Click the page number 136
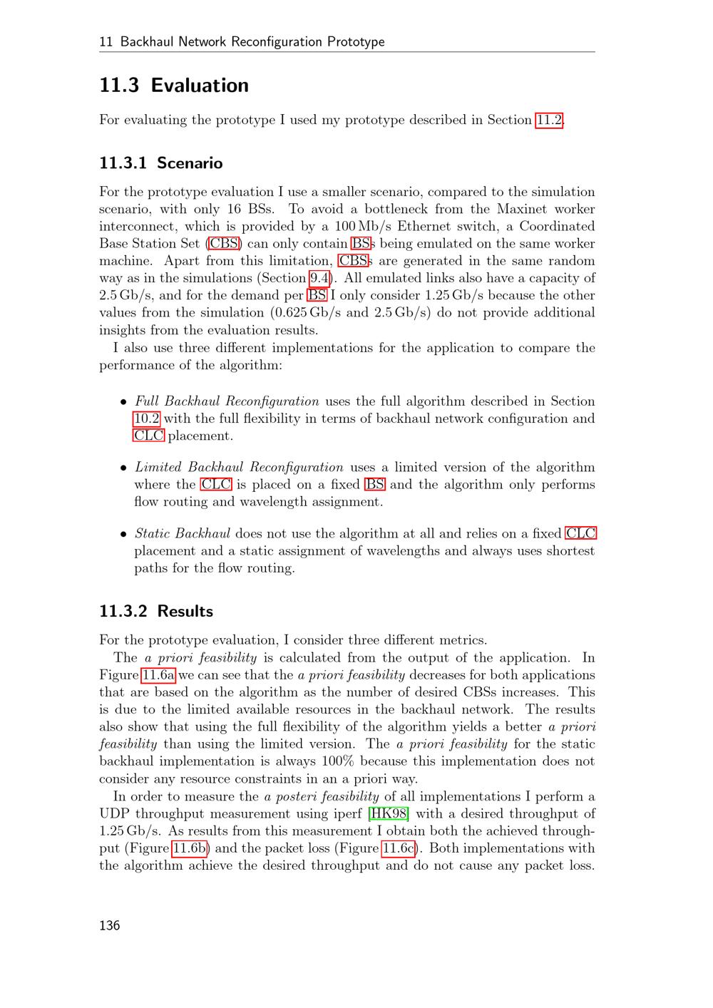pos(110,925)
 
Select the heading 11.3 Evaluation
pos(174,86)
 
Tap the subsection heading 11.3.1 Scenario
pos(160,163)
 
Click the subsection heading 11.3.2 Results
pos(156,612)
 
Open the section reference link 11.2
pos(549,120)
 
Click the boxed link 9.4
pos(319,278)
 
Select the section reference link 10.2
pos(146,418)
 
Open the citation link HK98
pos(389,813)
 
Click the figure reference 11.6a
pos(158,675)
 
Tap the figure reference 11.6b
pos(189,848)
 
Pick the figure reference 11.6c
pos(398,848)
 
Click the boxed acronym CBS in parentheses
pos(225,244)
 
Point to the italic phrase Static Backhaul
pos(182,533)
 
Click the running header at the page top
pos(242,41)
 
